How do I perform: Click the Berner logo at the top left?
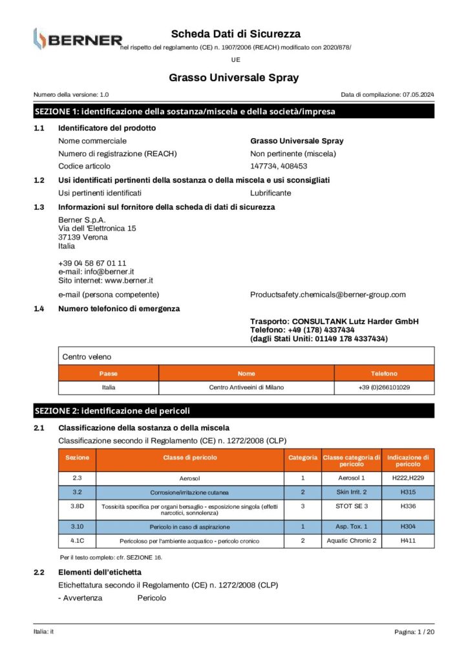(x=77, y=39)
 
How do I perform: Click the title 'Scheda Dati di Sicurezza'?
(x=235, y=34)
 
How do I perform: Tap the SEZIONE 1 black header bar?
(x=233, y=111)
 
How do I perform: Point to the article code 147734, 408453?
(x=279, y=166)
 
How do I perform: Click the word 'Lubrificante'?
(x=270, y=193)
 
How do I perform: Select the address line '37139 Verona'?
(x=83, y=237)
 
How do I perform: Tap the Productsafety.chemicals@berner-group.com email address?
(x=328, y=294)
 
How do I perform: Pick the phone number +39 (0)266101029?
(x=384, y=387)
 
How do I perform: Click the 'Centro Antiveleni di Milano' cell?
(x=246, y=387)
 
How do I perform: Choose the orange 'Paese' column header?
(x=109, y=373)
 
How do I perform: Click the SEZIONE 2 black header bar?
(x=233, y=411)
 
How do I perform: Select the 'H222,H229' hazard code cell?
(x=408, y=478)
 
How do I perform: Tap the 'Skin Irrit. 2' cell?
(x=351, y=492)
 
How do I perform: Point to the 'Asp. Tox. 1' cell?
(x=351, y=527)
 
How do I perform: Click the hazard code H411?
(x=408, y=540)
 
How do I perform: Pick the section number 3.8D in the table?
(x=77, y=506)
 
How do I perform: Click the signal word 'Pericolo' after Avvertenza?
(x=152, y=598)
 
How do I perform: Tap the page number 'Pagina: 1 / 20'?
(x=414, y=632)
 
